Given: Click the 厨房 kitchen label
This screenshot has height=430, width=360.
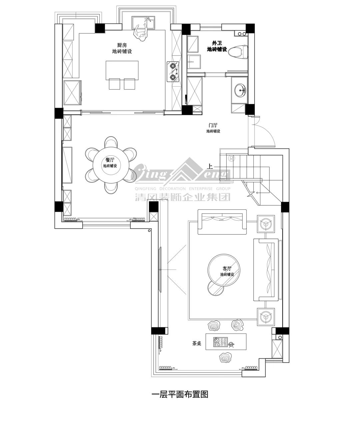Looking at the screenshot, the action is point(122,45).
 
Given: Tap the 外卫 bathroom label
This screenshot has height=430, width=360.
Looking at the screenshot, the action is point(217,43).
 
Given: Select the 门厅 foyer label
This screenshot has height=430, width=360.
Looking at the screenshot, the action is point(213,125).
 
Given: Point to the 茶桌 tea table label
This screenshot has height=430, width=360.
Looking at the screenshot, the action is point(197,343).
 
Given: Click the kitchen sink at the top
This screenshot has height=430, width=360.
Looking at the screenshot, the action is point(144,23).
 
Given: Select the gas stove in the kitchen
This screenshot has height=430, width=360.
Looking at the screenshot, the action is point(173,71).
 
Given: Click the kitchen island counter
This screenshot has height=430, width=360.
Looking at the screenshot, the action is point(122,70).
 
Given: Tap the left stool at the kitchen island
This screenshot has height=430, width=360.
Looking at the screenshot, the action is point(115,84).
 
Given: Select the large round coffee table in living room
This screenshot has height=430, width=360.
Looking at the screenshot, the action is point(224,270).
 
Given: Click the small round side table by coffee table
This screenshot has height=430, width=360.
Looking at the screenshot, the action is point(215,288).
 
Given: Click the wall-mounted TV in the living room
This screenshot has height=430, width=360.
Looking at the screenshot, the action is point(160,270).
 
